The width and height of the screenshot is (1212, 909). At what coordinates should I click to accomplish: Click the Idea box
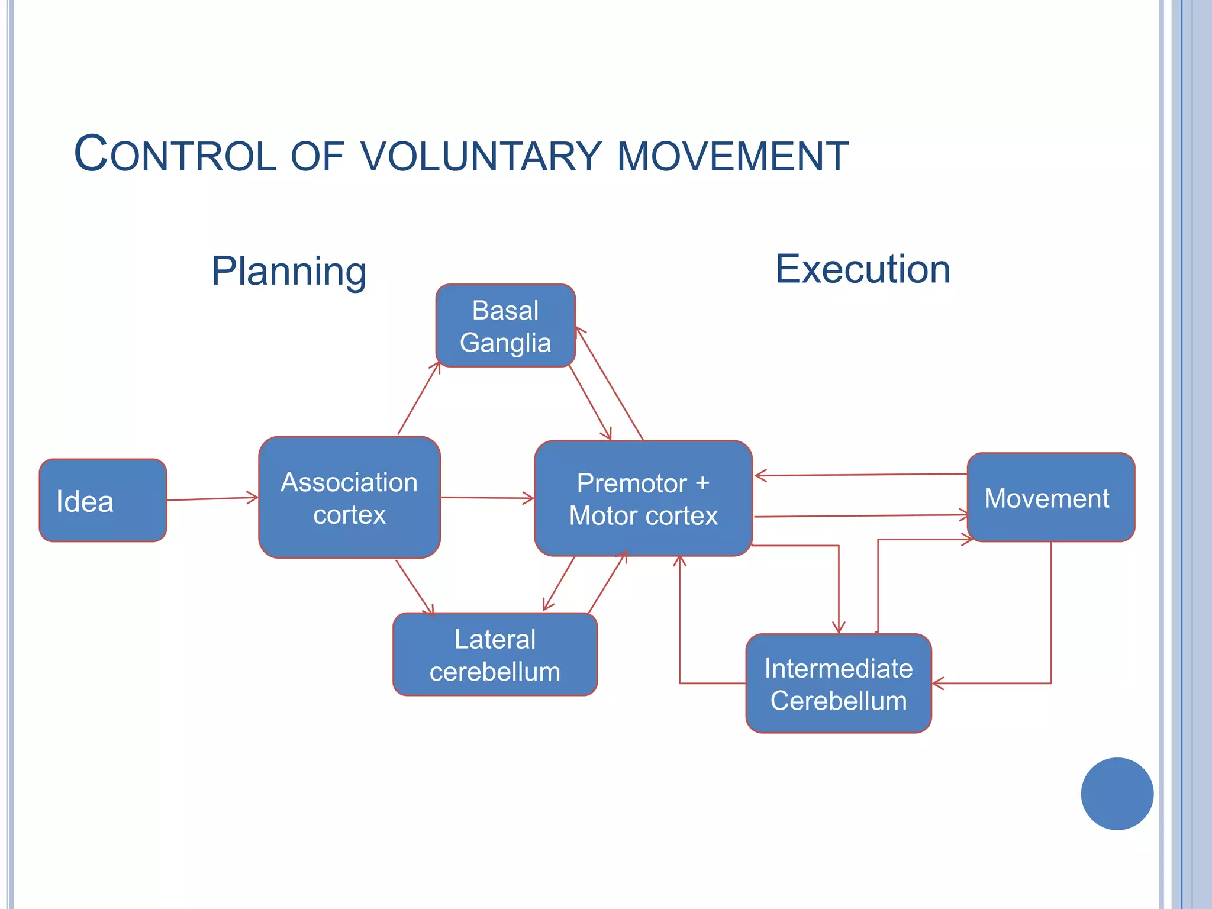click(x=102, y=500)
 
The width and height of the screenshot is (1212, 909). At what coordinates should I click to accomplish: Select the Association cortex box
click(x=349, y=498)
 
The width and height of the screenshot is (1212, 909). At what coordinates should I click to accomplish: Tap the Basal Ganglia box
click(x=505, y=326)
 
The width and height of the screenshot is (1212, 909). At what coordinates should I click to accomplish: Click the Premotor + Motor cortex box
click(x=643, y=498)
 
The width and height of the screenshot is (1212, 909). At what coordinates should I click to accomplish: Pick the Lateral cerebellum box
click(x=495, y=655)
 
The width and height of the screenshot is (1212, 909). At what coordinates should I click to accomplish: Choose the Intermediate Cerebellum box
click(x=838, y=684)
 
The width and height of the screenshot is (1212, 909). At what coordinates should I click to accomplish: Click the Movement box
click(x=1050, y=498)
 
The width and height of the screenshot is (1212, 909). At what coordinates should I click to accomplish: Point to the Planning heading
click(x=289, y=271)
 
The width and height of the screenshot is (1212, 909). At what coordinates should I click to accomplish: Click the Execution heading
click(x=862, y=269)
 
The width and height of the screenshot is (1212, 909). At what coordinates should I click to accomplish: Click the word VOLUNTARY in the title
click(x=481, y=157)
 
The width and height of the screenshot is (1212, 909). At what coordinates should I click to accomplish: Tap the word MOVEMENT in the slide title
click(x=733, y=157)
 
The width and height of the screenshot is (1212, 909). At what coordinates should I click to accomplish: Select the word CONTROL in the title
click(x=175, y=155)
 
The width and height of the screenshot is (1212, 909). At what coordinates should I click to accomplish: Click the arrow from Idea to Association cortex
click(x=212, y=498)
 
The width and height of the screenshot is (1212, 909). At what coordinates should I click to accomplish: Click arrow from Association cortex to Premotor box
click(x=487, y=498)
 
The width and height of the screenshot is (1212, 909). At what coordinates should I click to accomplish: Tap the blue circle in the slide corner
click(x=1117, y=794)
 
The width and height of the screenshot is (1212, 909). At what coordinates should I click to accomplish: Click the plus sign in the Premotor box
click(x=702, y=483)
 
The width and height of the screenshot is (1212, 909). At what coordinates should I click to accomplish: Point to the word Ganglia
click(x=505, y=343)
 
